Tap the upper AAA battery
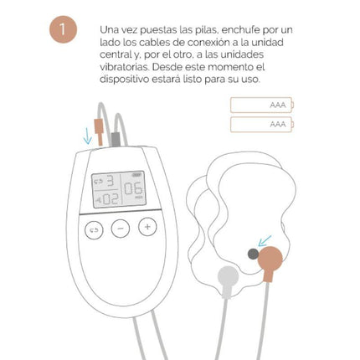(x=262, y=105)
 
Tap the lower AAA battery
(x=262, y=124)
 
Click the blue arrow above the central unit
(x=87, y=135)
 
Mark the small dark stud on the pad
(x=253, y=252)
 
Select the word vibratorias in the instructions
(x=125, y=66)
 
